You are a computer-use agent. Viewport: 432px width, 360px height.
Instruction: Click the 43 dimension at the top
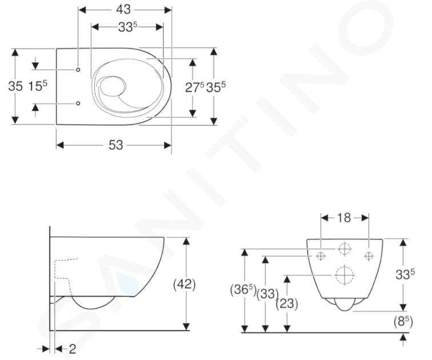(x=123, y=10)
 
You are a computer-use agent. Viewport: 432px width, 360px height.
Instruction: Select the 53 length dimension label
(x=115, y=145)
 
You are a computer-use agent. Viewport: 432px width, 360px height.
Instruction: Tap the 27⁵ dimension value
(x=194, y=87)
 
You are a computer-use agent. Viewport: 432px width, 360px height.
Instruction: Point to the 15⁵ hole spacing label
(x=38, y=86)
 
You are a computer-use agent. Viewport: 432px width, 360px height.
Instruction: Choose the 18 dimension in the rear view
(x=344, y=218)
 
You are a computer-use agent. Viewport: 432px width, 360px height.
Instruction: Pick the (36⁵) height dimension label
(x=243, y=290)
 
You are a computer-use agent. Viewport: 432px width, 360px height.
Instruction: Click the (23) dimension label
(x=287, y=304)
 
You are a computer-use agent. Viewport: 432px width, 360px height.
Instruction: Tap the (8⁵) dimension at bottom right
(x=403, y=322)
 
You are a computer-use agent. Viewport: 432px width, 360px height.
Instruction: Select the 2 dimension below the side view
(x=72, y=349)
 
